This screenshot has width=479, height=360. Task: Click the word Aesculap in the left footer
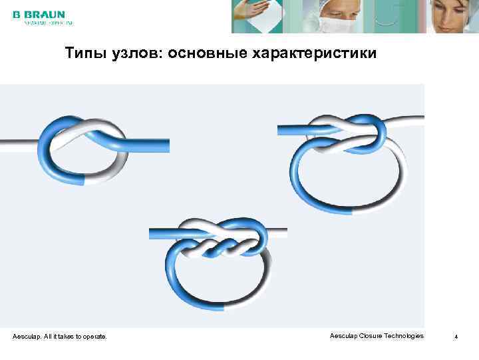pos(27,337)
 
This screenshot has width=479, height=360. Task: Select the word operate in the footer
pos(93,337)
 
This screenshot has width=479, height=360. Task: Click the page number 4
pos(456,337)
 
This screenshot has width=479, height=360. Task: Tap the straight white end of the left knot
pos(17,142)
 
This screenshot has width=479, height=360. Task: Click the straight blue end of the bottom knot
pos(166,234)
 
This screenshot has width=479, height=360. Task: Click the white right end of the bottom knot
pos(276,233)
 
